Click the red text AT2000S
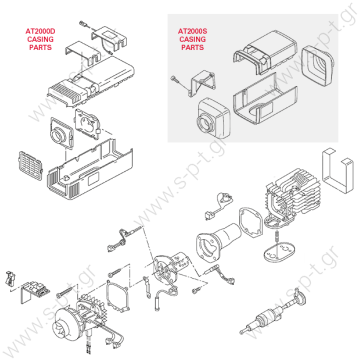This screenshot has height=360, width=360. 195,31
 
